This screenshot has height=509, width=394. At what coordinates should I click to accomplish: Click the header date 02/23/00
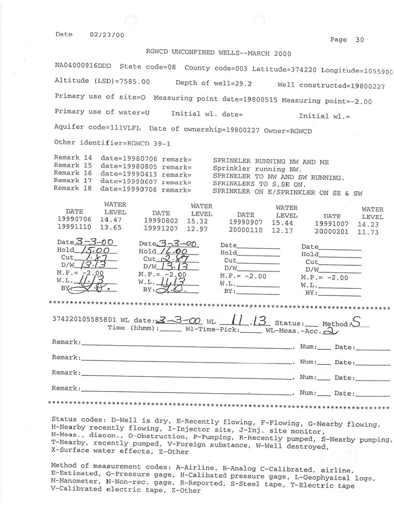[107, 35]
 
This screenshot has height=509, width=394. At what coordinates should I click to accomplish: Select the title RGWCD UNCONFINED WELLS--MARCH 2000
[219, 53]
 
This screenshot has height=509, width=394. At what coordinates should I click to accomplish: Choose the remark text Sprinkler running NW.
[257, 169]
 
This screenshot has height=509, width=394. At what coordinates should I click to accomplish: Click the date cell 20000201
[332, 232]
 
